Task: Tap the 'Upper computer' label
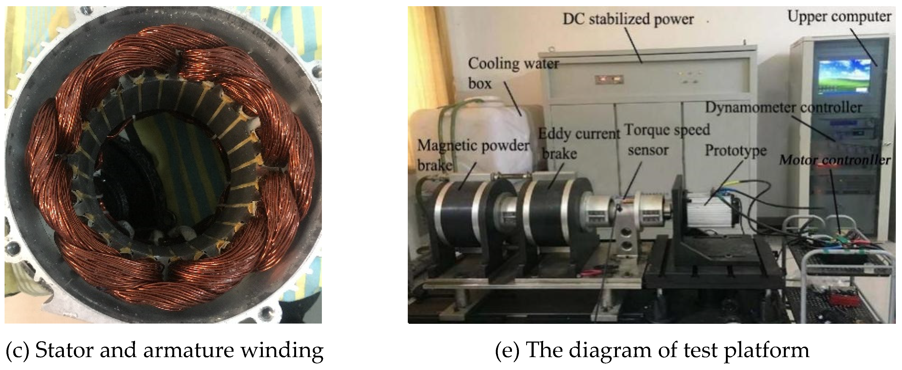(x=839, y=16)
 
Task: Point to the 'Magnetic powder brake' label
(x=473, y=154)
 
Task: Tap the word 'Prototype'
(x=736, y=150)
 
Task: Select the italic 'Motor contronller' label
(x=834, y=160)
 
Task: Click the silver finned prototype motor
(x=707, y=210)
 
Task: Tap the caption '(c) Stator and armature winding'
(x=165, y=350)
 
